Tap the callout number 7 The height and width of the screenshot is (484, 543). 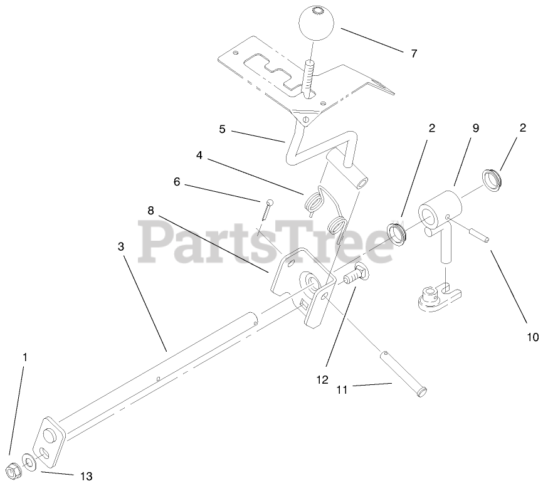[413, 54]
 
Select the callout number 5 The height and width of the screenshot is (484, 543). [222, 130]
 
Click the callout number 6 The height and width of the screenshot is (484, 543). [177, 182]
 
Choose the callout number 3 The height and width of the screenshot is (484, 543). [120, 246]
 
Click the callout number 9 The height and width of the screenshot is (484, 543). [475, 128]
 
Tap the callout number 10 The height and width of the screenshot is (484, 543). [532, 337]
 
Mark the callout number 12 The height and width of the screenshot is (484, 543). [322, 379]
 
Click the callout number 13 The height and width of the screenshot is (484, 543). [86, 476]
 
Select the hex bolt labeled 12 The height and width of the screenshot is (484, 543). [354, 275]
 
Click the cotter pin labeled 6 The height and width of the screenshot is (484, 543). [266, 208]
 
